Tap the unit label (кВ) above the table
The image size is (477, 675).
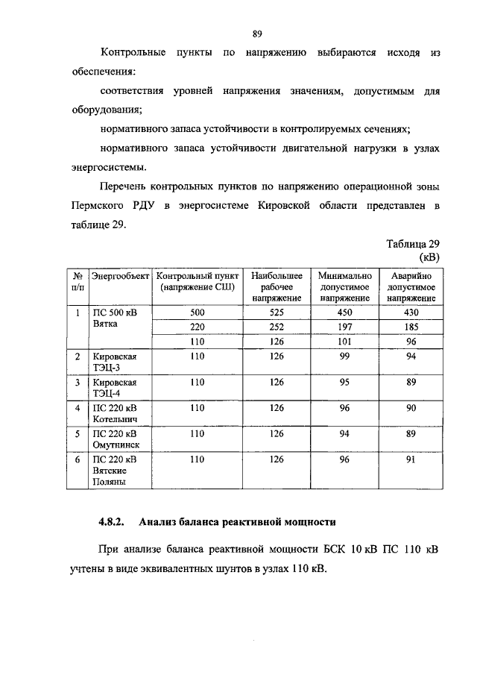point(429,257)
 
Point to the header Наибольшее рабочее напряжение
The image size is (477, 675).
point(277,286)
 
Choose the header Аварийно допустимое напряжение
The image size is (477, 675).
point(411,286)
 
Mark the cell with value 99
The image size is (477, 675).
point(344,357)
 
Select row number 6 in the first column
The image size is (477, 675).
point(77,460)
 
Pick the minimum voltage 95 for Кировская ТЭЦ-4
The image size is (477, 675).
point(344,383)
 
